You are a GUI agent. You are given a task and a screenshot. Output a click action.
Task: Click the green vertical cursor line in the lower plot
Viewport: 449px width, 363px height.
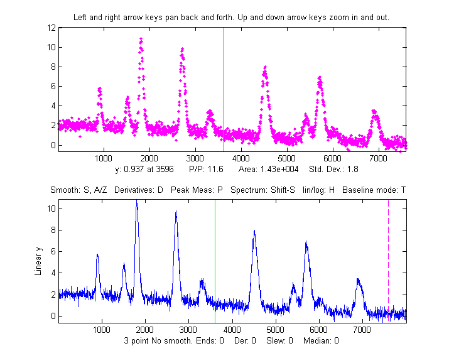tap(215, 261)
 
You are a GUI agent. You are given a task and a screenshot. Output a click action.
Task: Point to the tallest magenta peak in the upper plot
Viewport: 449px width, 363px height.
tap(141, 40)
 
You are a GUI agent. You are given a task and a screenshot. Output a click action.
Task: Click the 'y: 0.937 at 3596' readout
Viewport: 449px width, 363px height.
tap(146, 170)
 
